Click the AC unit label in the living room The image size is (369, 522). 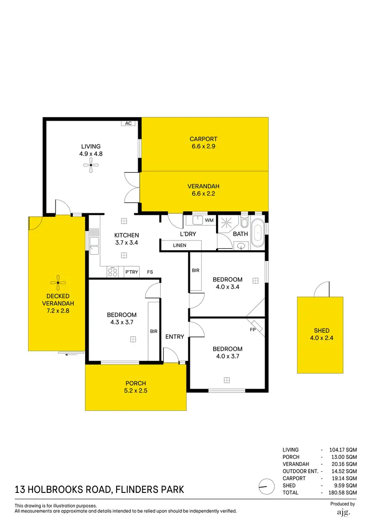point(128,123)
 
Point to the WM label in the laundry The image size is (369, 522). point(209,220)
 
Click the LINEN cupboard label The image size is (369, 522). point(179,245)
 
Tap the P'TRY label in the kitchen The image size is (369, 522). point(131,272)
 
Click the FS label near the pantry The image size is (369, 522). point(150,272)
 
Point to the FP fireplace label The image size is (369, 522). point(252,329)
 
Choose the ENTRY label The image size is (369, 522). point(175,337)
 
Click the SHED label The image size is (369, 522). point(322,330)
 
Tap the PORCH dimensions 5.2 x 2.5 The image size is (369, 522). point(136,391)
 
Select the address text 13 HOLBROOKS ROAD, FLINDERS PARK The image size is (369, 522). point(99,489)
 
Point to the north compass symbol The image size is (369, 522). point(266,487)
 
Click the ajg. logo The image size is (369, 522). point(342,513)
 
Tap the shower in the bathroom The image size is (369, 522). point(227,224)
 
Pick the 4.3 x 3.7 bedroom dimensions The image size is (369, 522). point(122,322)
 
